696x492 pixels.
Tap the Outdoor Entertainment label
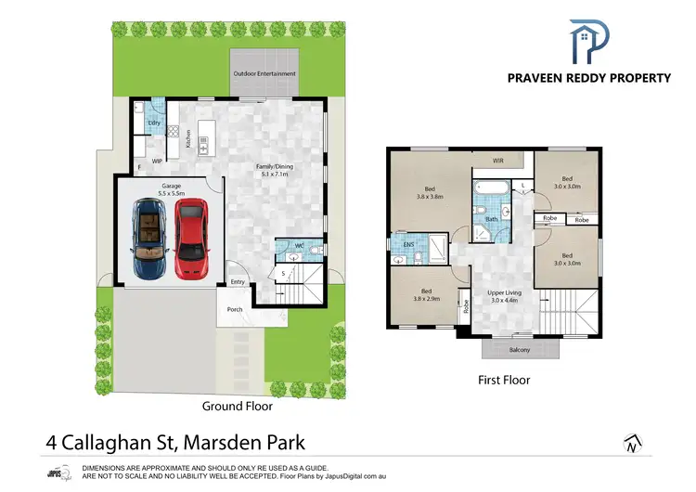coord(264,73)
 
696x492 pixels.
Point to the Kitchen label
coord(188,140)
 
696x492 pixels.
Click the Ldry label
coord(154,123)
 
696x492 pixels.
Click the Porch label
coord(235,310)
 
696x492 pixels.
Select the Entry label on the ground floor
coord(238,282)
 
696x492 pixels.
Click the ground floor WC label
coord(300,246)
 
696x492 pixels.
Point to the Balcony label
coord(520,350)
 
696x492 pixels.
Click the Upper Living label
coord(506,295)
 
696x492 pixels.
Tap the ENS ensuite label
coord(409,245)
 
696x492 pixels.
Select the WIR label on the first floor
coord(497,161)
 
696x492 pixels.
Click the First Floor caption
coord(503,380)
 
